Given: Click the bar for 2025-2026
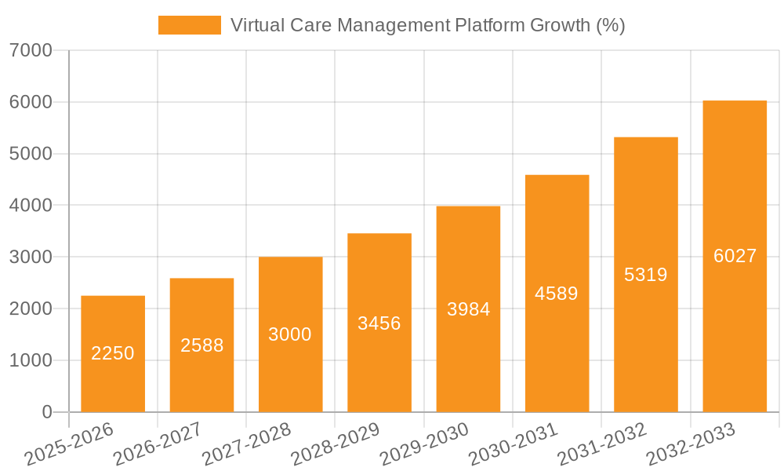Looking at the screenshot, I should click(113, 353).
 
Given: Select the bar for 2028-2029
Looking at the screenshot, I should click(379, 323).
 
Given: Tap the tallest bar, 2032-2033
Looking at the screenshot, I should click(735, 256).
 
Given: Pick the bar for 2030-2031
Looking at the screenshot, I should click(557, 293).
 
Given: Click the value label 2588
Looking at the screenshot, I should click(202, 345).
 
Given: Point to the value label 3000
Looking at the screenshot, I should click(290, 334).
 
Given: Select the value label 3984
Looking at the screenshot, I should click(468, 309).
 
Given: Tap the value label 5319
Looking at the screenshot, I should click(645, 275).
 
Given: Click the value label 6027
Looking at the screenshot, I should click(735, 256).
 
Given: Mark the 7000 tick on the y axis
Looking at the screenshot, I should click(31, 51).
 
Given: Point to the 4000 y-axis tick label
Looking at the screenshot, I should click(31, 206).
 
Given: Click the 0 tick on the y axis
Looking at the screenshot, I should click(47, 412).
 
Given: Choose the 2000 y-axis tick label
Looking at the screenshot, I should click(31, 309).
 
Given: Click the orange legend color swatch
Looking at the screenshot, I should click(190, 25).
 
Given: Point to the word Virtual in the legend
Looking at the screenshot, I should click(257, 25).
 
